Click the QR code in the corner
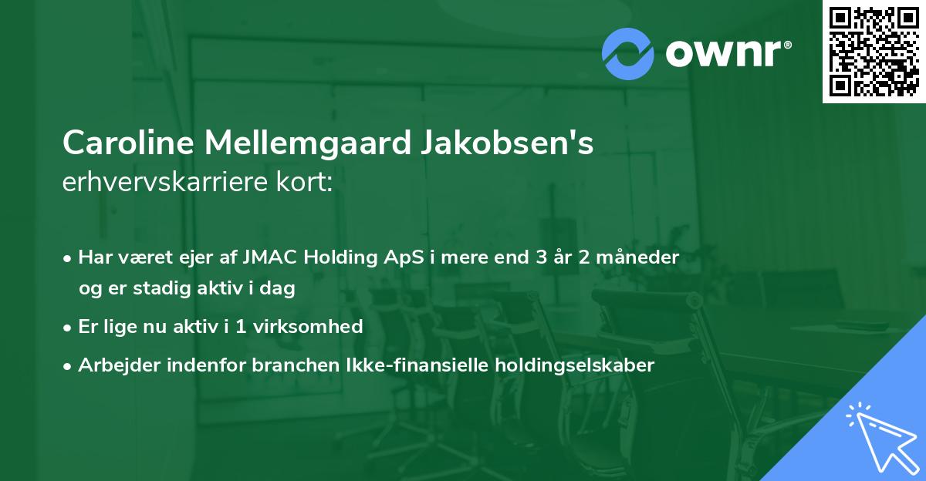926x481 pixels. click(x=874, y=52)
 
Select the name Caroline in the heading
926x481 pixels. click(x=128, y=143)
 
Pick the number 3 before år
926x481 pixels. click(x=529, y=257)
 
